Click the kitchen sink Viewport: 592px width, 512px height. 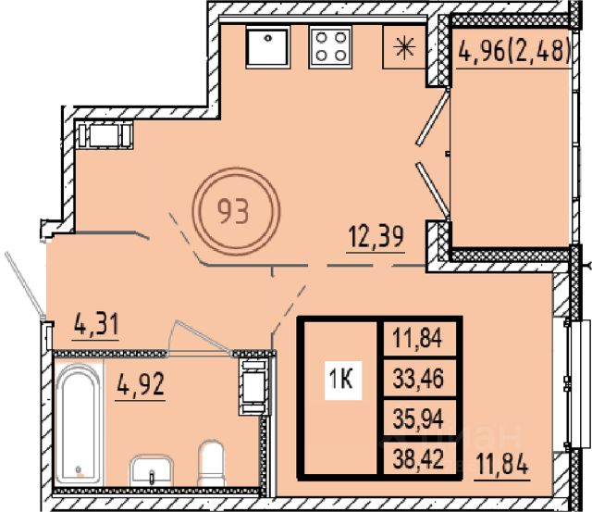click(x=268, y=47)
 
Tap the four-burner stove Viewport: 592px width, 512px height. click(x=331, y=47)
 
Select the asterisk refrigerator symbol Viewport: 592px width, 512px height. click(x=404, y=47)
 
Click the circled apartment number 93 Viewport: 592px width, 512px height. click(x=236, y=211)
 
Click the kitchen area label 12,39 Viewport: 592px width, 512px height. click(x=376, y=237)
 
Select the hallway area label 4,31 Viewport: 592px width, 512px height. click(x=96, y=325)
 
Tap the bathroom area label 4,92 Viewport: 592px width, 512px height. click(x=141, y=384)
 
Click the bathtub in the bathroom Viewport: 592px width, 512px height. click(x=79, y=423)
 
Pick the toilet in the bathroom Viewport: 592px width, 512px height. click(x=211, y=463)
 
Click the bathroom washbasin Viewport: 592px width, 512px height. click(x=152, y=470)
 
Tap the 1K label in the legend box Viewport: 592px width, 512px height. click(x=343, y=380)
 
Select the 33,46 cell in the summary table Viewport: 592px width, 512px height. click(x=418, y=379)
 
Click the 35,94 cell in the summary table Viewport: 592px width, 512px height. click(x=418, y=418)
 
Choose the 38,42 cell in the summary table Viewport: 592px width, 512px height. click(x=418, y=458)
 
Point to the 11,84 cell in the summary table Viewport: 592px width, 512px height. click(x=418, y=337)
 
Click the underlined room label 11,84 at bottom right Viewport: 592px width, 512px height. click(x=501, y=465)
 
